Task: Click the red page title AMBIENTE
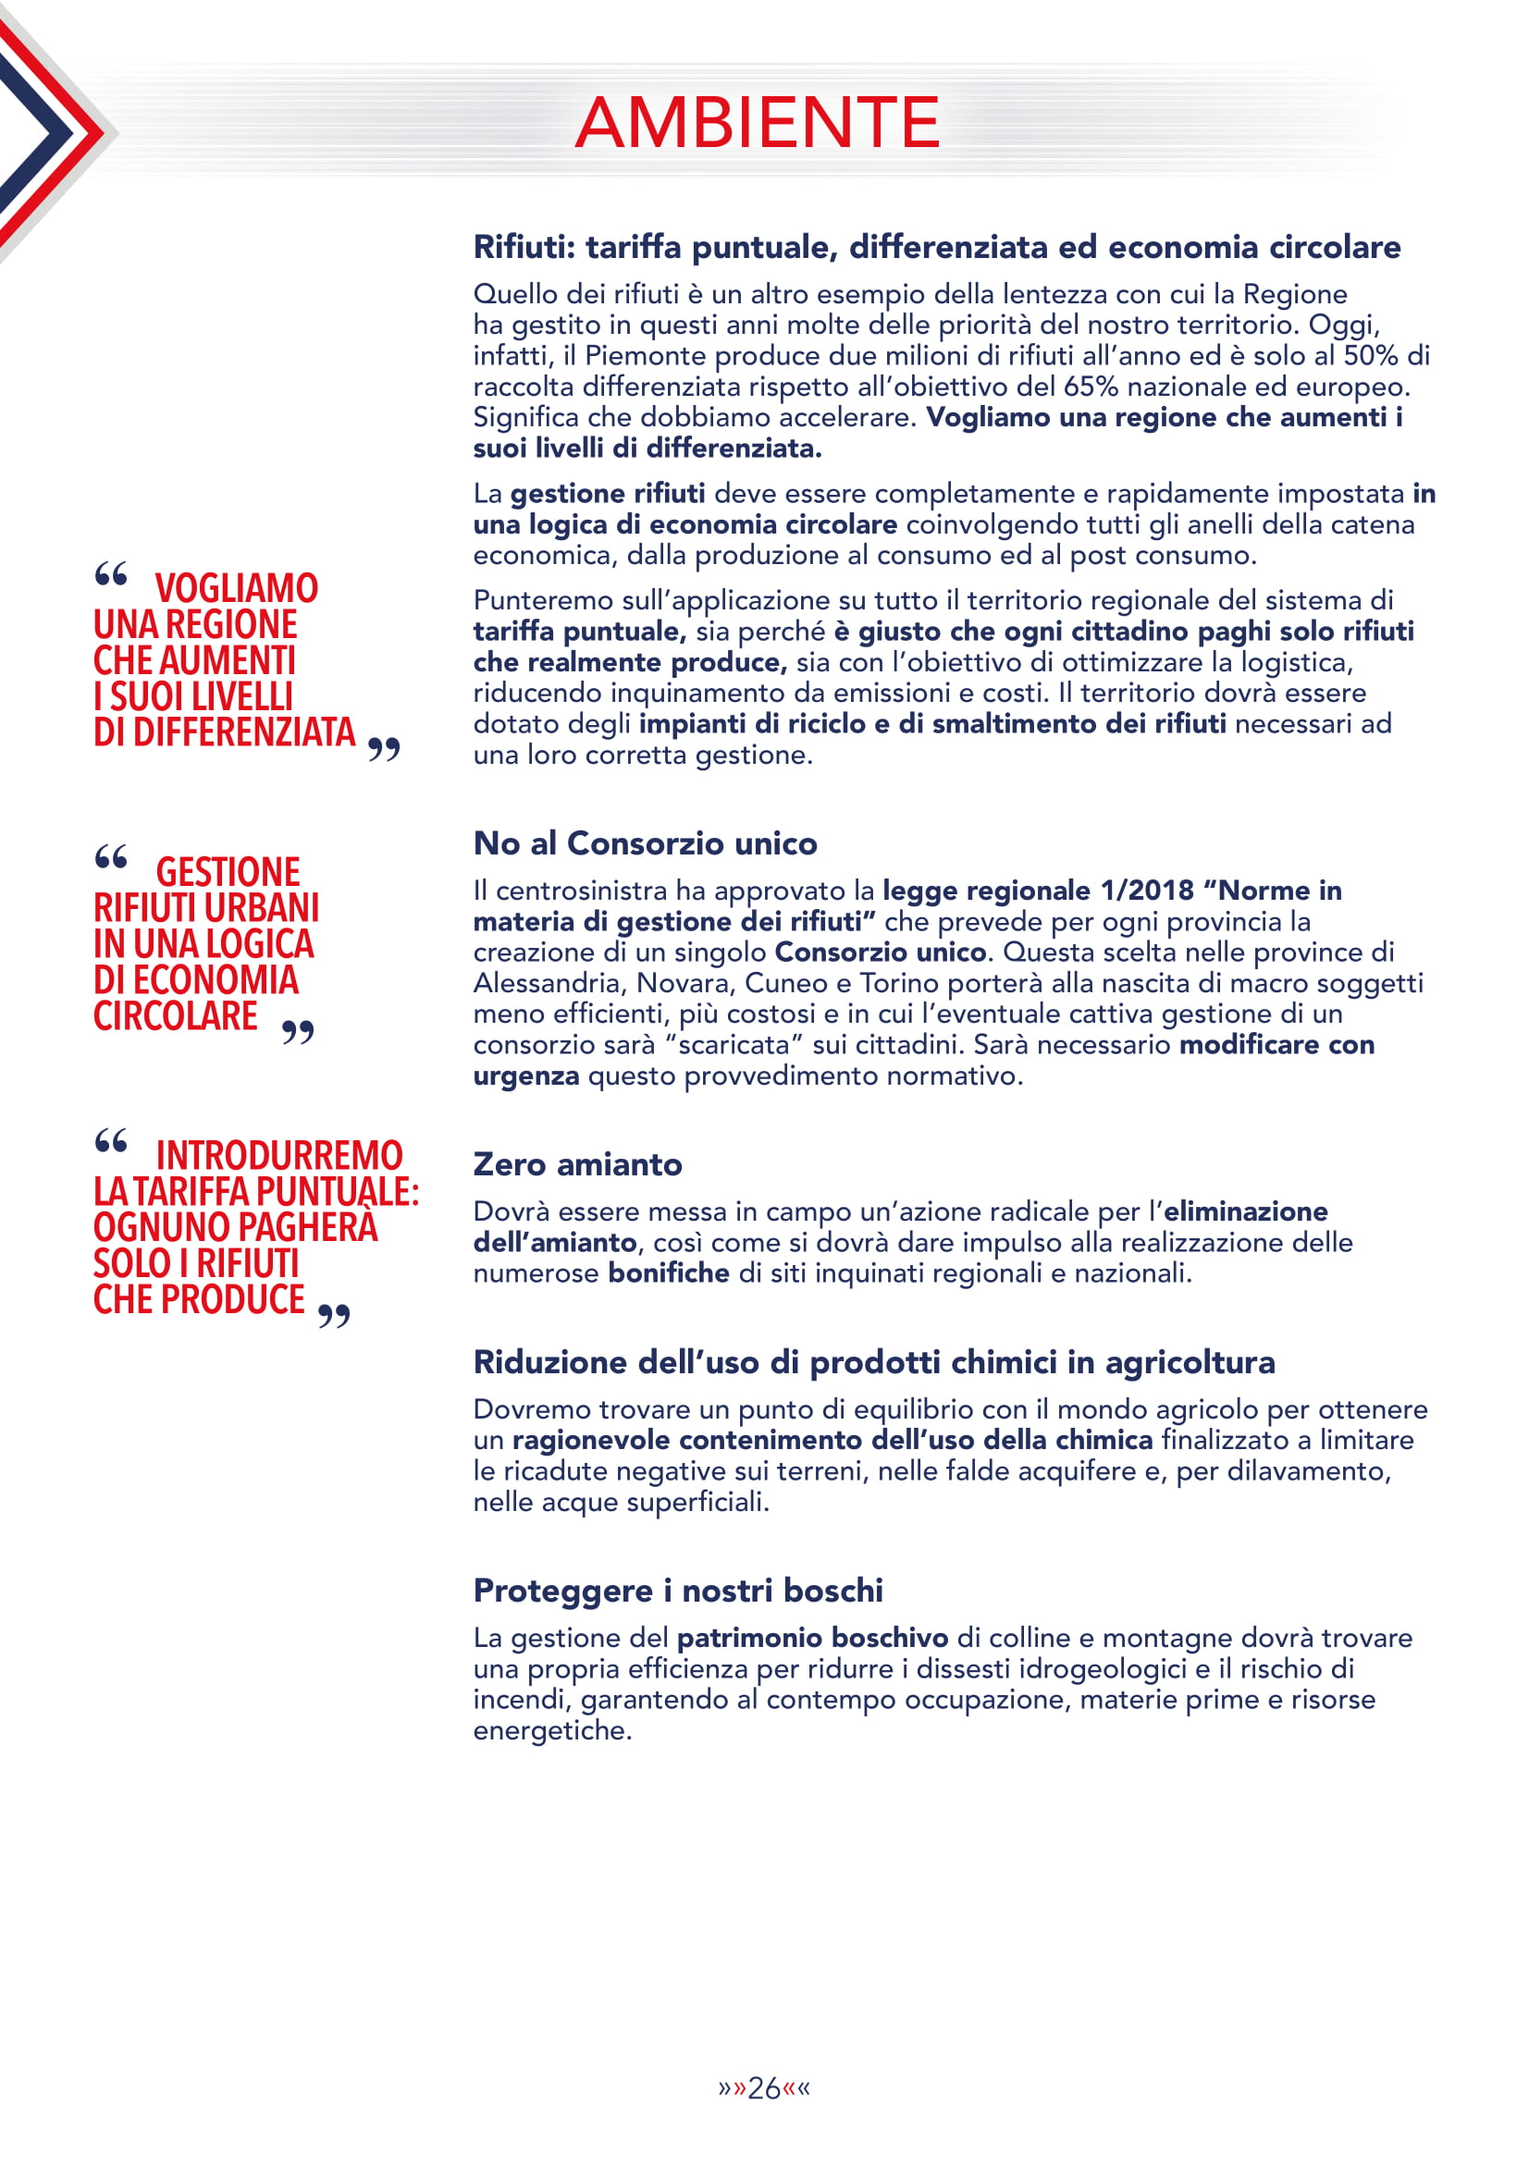coord(758,122)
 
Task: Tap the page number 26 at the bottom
coord(763,2089)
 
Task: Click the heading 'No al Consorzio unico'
coord(646,843)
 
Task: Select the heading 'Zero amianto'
coord(577,1164)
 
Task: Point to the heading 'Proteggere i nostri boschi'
coord(678,1591)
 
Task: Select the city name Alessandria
coord(550,983)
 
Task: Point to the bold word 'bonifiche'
coord(668,1272)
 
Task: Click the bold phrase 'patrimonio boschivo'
coord(812,1638)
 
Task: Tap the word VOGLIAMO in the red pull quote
coord(237,589)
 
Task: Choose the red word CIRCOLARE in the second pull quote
coord(175,1016)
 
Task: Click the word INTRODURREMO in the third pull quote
coord(278,1156)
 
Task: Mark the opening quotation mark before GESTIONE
coord(111,857)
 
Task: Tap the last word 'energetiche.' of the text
coord(552,1730)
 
